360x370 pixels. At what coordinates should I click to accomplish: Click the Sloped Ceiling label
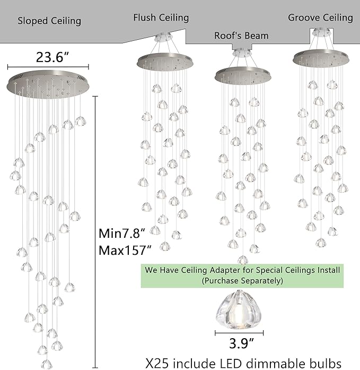(x=49, y=21)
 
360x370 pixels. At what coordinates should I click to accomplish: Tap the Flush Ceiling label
(x=161, y=18)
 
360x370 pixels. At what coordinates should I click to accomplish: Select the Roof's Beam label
(x=241, y=36)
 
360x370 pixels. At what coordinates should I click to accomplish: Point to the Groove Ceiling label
(x=320, y=18)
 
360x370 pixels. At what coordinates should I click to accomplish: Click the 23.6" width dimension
(x=52, y=57)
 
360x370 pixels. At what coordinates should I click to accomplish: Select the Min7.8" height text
(x=121, y=234)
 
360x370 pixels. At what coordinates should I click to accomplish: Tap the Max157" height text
(x=125, y=250)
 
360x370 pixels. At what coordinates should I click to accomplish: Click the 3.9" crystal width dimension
(x=242, y=343)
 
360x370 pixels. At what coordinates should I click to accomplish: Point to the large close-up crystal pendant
(x=239, y=309)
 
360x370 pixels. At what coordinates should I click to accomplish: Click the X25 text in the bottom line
(x=157, y=363)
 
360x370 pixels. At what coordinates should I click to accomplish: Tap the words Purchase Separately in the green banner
(x=242, y=281)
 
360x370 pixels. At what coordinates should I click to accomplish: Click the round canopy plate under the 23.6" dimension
(x=48, y=84)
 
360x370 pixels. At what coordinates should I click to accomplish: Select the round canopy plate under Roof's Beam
(x=243, y=75)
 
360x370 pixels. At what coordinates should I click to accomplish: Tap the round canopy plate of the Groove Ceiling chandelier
(x=321, y=58)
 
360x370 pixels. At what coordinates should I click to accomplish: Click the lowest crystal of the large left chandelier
(x=47, y=364)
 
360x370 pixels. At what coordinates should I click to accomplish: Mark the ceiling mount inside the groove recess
(x=321, y=32)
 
